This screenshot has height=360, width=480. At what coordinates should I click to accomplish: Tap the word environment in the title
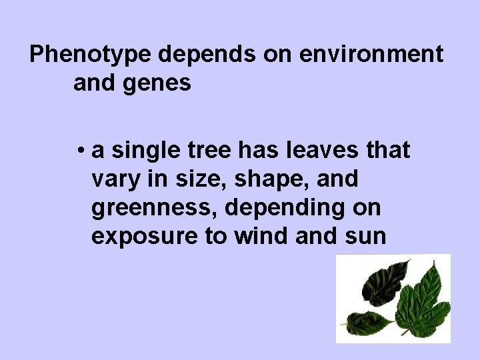click(371, 55)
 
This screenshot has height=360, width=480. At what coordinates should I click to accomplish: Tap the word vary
click(113, 180)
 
